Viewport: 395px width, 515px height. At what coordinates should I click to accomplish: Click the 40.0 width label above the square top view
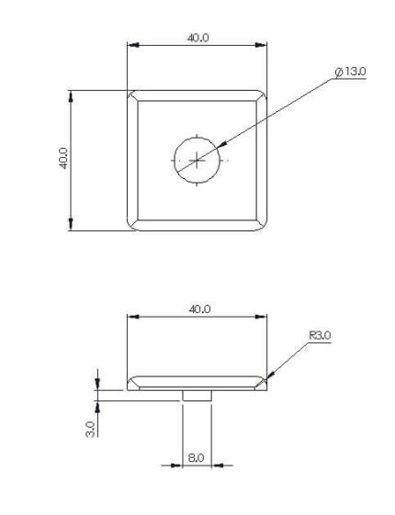[197, 38]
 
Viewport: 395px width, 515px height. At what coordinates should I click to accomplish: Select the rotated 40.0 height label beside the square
[63, 158]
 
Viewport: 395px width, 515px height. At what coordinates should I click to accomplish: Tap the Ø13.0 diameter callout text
[350, 72]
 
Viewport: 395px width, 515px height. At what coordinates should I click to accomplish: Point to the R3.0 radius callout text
[320, 335]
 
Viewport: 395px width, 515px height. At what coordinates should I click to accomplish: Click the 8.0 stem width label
[197, 457]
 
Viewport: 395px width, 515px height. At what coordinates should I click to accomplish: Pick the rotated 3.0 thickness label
[90, 429]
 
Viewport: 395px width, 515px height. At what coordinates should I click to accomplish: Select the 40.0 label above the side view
[199, 309]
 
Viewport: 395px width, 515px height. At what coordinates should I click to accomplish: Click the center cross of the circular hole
[197, 161]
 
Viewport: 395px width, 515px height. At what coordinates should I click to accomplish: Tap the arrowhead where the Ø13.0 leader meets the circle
[221, 144]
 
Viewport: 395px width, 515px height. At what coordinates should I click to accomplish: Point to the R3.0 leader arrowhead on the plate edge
[270, 375]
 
